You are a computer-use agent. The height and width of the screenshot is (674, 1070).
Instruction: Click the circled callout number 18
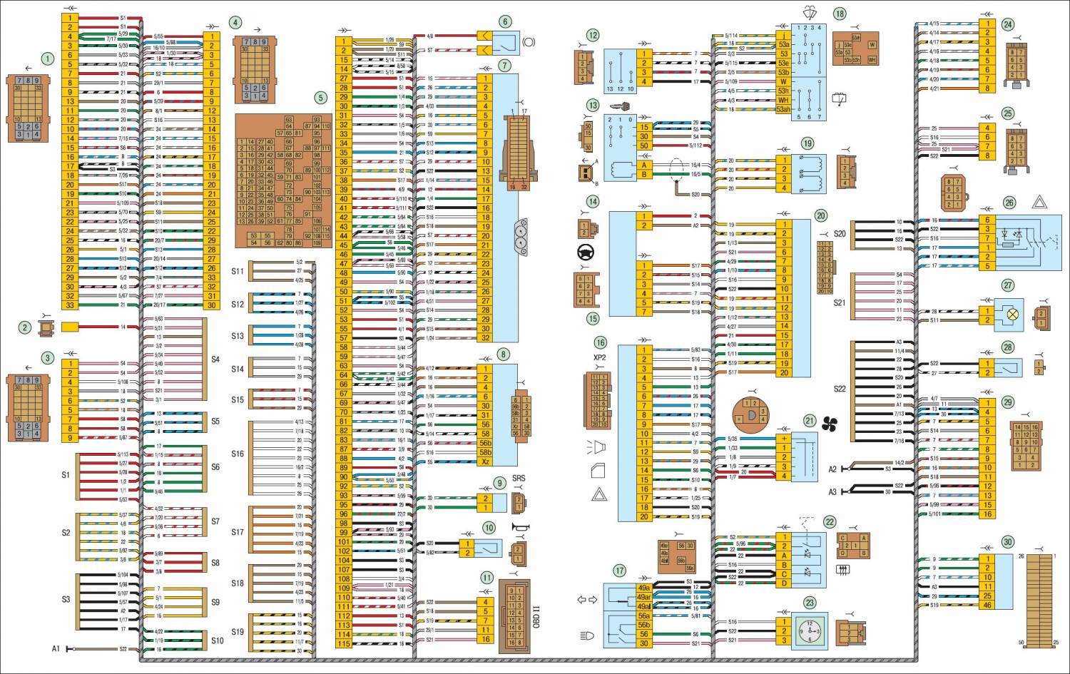click(840, 14)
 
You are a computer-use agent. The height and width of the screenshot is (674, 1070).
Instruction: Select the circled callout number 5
click(321, 98)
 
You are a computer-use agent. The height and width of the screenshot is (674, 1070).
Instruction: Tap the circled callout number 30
click(1007, 541)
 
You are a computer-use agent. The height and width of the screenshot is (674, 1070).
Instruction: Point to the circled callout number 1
click(47, 58)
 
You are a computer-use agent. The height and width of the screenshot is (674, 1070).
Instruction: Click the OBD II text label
click(536, 615)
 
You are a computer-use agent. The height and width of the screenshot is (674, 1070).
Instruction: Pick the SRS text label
click(519, 478)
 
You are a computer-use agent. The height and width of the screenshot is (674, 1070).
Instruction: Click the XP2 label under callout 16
click(599, 357)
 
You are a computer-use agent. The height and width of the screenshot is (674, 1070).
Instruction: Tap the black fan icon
click(830, 426)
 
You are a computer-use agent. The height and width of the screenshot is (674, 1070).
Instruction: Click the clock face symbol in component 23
click(810, 630)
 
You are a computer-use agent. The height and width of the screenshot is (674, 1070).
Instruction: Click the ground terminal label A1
click(56, 649)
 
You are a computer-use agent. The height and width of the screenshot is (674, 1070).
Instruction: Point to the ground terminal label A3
click(832, 492)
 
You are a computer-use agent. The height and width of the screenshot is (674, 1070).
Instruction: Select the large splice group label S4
click(215, 359)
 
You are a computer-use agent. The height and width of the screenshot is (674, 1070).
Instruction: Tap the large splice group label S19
click(238, 632)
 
